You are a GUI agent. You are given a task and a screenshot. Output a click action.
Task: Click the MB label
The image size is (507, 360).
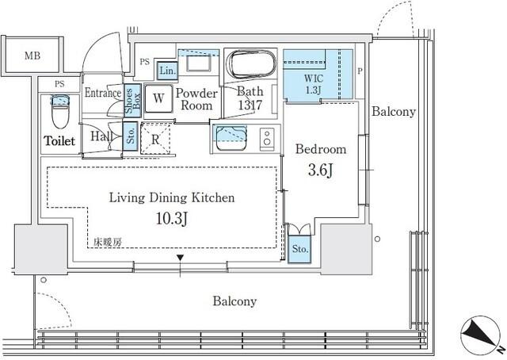click(32, 56)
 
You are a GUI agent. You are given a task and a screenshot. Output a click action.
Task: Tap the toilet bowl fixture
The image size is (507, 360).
click(60, 111)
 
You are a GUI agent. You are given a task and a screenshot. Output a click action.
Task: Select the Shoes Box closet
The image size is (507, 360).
click(132, 101)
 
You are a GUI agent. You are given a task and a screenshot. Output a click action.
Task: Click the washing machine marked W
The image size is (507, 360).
click(158, 98)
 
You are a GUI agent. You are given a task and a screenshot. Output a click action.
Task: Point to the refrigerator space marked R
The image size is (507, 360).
click(155, 139)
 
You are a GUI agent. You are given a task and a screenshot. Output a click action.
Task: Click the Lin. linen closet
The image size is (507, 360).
click(167, 71)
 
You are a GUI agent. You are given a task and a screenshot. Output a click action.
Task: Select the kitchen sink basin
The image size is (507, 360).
click(231, 139)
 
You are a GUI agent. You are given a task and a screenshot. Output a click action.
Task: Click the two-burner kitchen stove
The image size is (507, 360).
click(267, 139)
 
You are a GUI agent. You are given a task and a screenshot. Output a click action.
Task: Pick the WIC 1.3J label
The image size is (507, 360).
click(313, 84)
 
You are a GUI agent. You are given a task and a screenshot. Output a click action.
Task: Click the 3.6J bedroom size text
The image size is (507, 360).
click(320, 170)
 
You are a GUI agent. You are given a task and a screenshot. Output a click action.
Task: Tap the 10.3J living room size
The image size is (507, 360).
click(172, 218)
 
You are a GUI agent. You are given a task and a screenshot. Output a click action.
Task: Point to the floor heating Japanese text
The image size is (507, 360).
click(108, 242)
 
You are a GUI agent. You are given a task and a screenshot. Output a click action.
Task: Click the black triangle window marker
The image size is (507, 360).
click(180, 258)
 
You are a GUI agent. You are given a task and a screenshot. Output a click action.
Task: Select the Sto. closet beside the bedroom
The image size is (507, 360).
click(299, 249)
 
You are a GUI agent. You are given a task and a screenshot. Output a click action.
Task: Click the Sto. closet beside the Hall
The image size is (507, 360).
click(131, 136)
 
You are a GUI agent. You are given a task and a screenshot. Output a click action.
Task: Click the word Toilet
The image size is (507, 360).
click(59, 141)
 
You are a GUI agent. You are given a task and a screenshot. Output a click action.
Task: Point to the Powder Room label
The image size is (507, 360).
click(196, 99)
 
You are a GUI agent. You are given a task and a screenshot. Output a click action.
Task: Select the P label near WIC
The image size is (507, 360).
click(360, 71)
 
